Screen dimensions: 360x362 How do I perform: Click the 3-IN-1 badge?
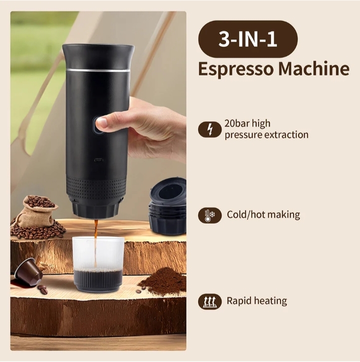pos(248,39)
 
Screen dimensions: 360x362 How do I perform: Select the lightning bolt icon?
pos(209,129)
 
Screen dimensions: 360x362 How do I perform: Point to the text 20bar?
pos(237,123)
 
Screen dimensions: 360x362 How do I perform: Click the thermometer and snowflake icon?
pos(209,215)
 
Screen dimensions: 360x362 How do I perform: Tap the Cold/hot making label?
pos(263,214)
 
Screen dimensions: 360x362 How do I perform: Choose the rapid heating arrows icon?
pos(209,301)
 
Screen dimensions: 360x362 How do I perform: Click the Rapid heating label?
pos(257,301)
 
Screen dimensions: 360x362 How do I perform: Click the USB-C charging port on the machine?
pos(98,160)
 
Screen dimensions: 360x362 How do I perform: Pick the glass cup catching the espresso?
pos(98,263)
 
